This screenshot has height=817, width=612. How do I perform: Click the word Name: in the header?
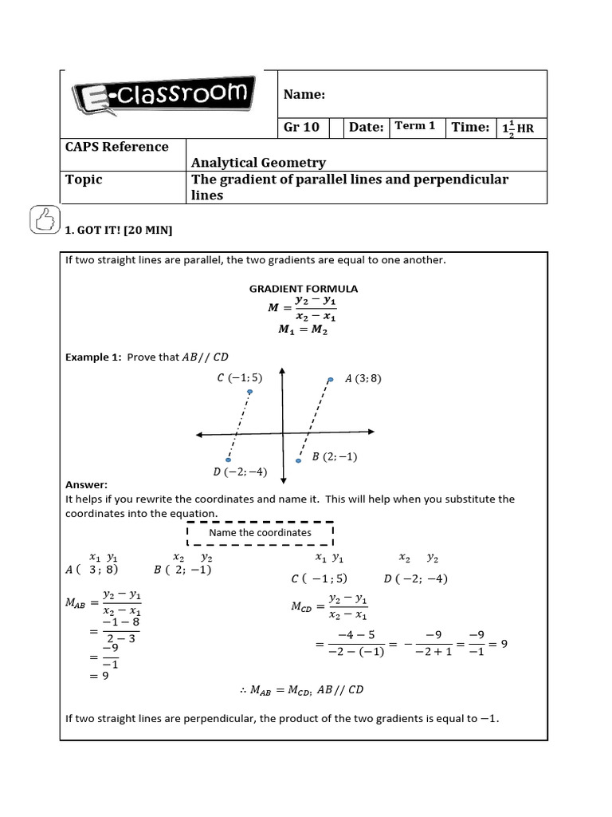point(304,95)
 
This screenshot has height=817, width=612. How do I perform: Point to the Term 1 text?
point(415,126)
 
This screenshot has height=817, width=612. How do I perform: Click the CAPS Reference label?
point(116,147)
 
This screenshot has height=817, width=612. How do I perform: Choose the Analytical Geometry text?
point(258,163)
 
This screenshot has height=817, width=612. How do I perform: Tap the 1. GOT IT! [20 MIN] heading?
point(119,231)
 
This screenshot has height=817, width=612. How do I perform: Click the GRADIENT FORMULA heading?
point(304,289)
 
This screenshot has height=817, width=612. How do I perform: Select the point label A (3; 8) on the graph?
point(363,379)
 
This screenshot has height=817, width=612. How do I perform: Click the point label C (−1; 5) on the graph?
point(240,377)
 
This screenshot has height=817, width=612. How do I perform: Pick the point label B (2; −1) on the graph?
point(335,456)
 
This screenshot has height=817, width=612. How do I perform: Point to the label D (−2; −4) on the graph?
point(240,472)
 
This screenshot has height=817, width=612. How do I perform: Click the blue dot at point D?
point(229,460)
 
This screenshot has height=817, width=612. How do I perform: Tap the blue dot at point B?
point(300,460)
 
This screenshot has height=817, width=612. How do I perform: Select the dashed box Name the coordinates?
point(260,532)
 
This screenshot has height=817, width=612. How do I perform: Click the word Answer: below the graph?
point(86,484)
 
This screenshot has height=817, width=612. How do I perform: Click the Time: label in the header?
point(470,127)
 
